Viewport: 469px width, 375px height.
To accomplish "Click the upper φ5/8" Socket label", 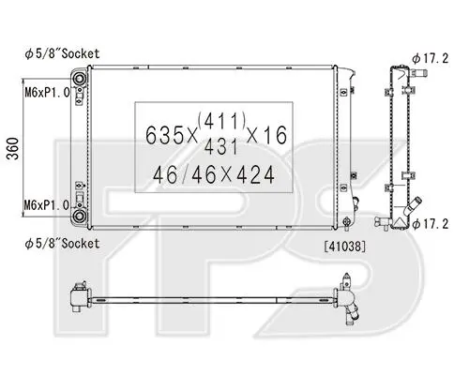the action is pos(62,53).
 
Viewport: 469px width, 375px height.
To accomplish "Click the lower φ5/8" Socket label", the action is pos(62,244).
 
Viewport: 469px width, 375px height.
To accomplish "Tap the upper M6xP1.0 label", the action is pos(47,93).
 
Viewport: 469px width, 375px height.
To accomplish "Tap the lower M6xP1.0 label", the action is pos(47,205).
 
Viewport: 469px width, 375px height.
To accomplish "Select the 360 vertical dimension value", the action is pos(13,148).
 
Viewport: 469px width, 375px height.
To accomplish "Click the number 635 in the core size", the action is pos(164,135).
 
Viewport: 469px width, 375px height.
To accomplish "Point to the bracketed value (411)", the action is pos(221,121).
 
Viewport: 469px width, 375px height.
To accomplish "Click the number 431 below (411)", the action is pos(220,146).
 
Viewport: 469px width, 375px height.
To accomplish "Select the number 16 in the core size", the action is pos(276,135).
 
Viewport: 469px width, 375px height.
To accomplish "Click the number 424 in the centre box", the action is pos(255,174).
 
